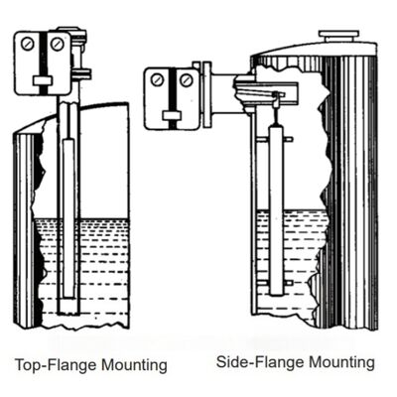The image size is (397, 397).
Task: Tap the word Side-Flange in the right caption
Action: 256,362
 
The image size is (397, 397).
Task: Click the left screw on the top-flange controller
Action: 30,45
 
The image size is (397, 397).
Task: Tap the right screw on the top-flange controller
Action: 57,45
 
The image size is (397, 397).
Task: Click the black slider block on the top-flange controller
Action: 44,79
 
